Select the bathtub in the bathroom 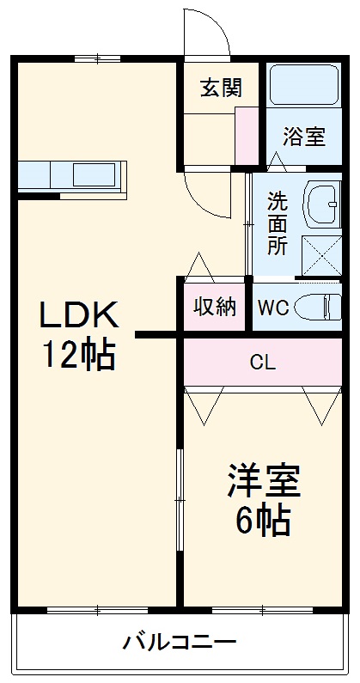click(x=304, y=90)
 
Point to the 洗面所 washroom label click(x=277, y=223)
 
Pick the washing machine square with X click(x=321, y=255)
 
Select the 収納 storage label click(x=214, y=307)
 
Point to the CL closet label click(x=262, y=362)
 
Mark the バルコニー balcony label click(x=180, y=643)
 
